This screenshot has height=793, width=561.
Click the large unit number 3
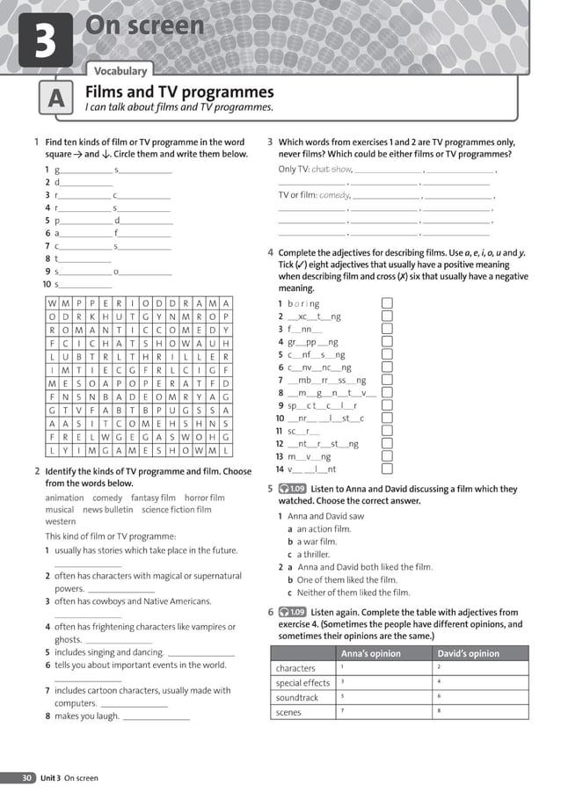(45, 40)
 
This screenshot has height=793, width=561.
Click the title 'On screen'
(144, 26)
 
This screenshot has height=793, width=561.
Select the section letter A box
(55, 100)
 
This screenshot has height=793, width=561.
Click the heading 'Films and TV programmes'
(178, 92)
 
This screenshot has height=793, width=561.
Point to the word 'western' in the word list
(61, 521)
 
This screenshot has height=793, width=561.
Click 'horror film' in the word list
(204, 498)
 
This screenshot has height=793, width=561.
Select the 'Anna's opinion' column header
(370, 653)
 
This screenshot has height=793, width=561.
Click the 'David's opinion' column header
(468, 653)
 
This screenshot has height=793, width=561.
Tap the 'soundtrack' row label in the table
(297, 697)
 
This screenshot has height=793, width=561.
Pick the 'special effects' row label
(302, 682)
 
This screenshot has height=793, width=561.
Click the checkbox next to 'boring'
(387, 303)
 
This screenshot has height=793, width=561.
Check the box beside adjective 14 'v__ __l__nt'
(387, 469)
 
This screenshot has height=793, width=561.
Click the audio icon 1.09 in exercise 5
(292, 489)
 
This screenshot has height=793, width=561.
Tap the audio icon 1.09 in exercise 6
(292, 612)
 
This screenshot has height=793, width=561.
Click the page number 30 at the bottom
(27, 778)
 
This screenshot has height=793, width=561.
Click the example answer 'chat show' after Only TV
(331, 170)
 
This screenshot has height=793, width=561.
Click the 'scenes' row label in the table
(288, 713)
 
